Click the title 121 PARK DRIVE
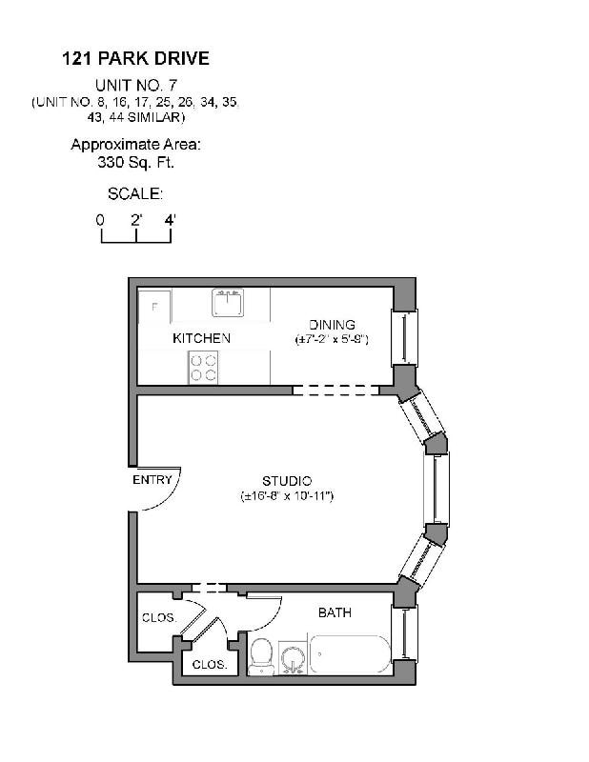135,58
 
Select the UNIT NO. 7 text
135,85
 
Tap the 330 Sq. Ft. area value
135,162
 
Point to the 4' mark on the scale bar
171,219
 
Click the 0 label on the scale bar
100,219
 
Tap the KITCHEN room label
201,338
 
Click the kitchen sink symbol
228,303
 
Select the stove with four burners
203,367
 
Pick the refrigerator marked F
154,308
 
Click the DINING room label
331,325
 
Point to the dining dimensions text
331,340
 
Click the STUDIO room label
287,481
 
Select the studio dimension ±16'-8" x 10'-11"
287,496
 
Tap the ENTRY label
152,480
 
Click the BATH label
335,612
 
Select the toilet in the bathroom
261,655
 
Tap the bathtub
350,655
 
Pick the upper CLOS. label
158,618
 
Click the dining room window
405,337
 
